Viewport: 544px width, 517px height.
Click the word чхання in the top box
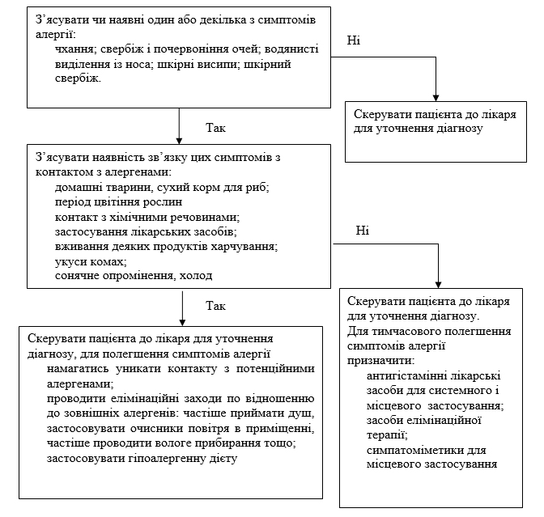click(74, 49)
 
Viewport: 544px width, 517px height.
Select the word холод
click(196, 276)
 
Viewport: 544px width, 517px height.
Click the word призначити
click(380, 361)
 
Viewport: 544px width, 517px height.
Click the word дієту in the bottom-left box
click(223, 459)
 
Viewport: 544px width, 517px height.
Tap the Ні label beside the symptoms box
click(354, 40)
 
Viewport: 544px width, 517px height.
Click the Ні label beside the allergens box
click(362, 231)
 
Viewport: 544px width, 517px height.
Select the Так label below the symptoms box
click(215, 128)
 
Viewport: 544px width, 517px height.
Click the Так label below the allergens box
click(215, 306)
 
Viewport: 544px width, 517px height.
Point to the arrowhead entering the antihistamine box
click(438, 285)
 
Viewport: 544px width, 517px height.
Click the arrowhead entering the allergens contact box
click(179, 141)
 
